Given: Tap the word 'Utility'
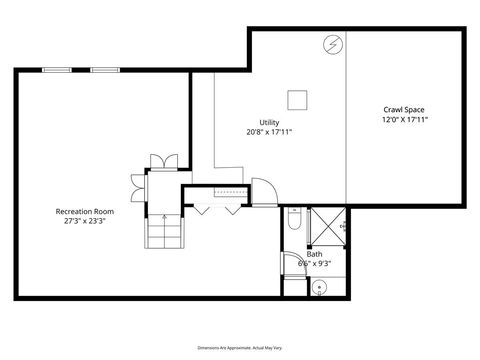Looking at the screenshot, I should (x=269, y=122).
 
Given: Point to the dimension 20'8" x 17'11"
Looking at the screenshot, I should (x=269, y=131).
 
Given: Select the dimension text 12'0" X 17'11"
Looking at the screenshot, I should (x=405, y=119).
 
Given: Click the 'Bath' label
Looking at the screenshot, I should (x=314, y=254).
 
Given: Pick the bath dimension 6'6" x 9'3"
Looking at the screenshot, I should (x=314, y=263).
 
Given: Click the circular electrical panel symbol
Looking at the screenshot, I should (x=332, y=44).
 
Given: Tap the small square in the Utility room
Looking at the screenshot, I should (x=297, y=99).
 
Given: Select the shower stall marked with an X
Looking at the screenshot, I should (x=326, y=227).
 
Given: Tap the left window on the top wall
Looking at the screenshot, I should (x=57, y=69).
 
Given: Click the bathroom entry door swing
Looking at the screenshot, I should (x=292, y=266).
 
